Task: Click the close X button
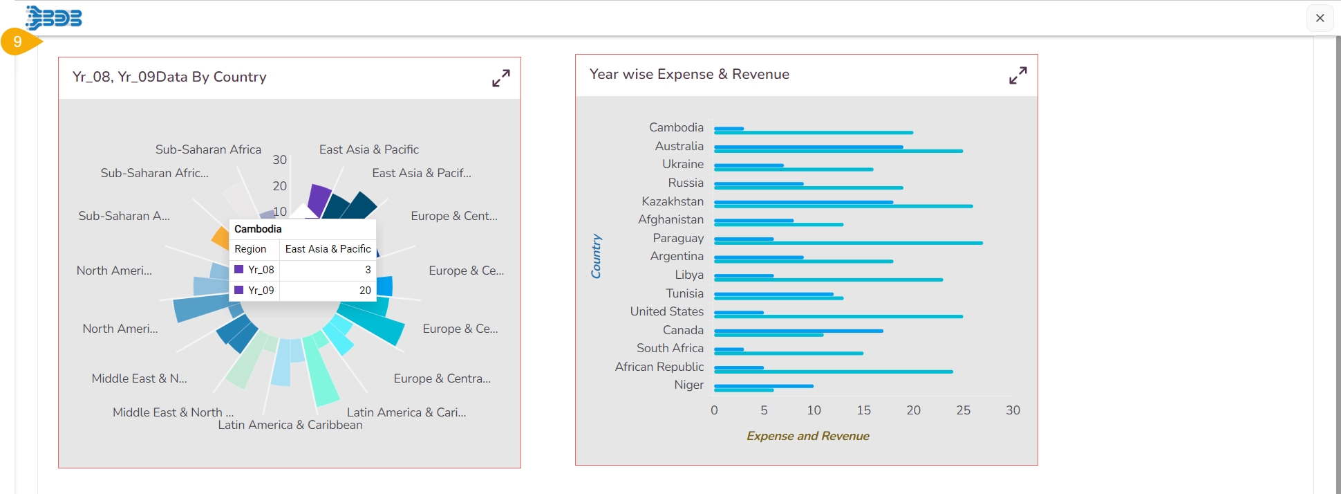(x=1320, y=18)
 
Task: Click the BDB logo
(x=54, y=17)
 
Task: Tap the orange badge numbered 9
(x=18, y=42)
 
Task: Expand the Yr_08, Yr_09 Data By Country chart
(x=501, y=78)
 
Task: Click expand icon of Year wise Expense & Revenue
(x=1018, y=75)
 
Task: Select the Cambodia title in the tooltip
(x=258, y=229)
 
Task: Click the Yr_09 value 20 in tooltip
(x=365, y=291)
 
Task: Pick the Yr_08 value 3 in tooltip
(x=368, y=270)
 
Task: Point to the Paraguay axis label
(x=678, y=238)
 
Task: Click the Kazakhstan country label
(x=672, y=201)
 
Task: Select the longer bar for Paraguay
(x=848, y=243)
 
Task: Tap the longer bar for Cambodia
(x=813, y=132)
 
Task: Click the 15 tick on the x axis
(x=863, y=410)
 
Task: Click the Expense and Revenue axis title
(x=807, y=436)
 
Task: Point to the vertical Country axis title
(x=596, y=256)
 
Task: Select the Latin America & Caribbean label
(x=290, y=425)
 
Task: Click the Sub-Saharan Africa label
(x=208, y=149)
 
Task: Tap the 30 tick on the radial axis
(x=279, y=160)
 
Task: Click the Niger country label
(x=688, y=385)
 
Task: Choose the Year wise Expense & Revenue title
(x=689, y=74)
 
